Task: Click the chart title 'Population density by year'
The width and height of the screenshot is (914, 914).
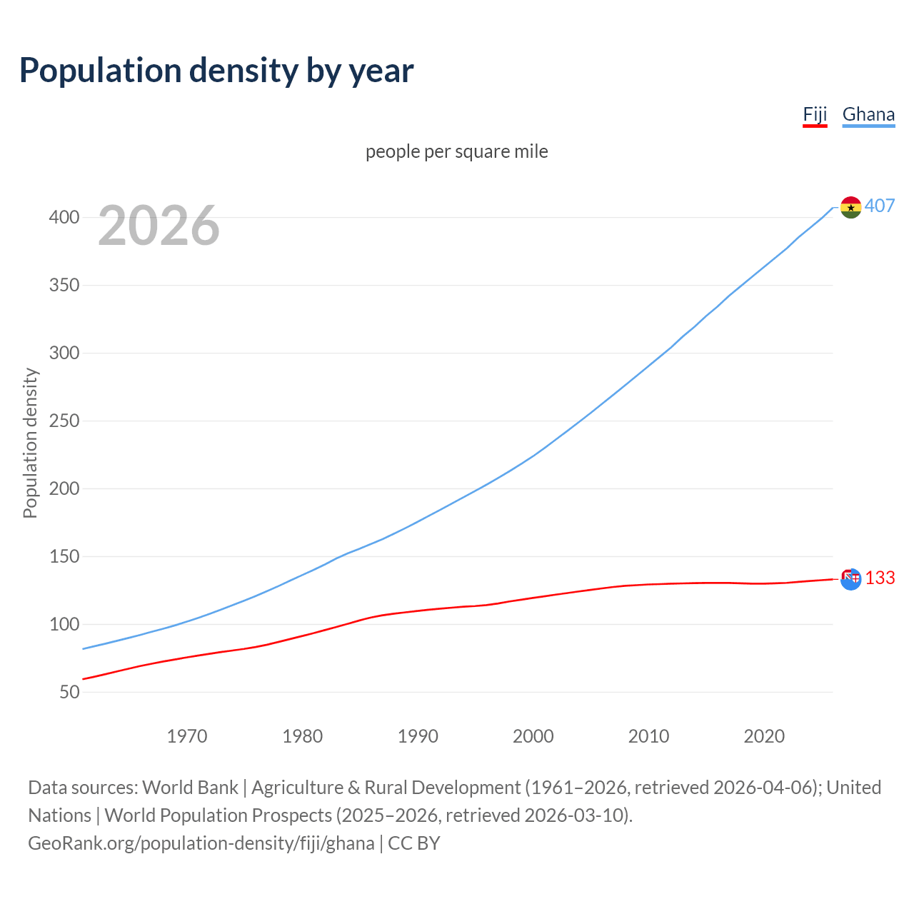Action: (x=216, y=71)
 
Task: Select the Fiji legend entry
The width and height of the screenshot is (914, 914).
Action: (x=815, y=115)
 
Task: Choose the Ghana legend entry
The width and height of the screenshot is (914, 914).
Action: (x=868, y=115)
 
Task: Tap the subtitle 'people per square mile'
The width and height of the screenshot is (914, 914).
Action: (x=456, y=152)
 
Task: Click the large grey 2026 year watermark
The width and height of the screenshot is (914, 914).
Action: (x=159, y=226)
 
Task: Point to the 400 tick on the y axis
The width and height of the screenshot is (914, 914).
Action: (x=64, y=218)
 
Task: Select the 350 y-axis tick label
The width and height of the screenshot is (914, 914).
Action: (x=64, y=286)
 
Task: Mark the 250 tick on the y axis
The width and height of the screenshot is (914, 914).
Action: (x=64, y=421)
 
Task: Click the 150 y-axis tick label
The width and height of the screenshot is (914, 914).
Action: (x=64, y=557)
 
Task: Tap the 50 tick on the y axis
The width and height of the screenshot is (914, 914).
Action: (x=69, y=693)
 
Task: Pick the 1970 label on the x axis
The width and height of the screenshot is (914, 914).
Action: (x=187, y=736)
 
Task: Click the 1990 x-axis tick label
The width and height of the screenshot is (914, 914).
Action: (x=418, y=736)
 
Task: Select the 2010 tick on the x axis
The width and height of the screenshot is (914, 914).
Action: (x=648, y=736)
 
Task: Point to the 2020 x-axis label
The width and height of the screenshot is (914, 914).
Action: (x=764, y=736)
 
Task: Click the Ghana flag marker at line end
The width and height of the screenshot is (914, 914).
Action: (x=850, y=207)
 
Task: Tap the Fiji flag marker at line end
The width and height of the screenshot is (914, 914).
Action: (x=850, y=579)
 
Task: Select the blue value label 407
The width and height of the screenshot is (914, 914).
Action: (x=880, y=206)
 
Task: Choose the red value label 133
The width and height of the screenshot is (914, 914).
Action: (x=880, y=578)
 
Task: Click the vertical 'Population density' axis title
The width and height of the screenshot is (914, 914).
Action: (x=30, y=443)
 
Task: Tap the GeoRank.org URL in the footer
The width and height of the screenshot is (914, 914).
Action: (x=201, y=843)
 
